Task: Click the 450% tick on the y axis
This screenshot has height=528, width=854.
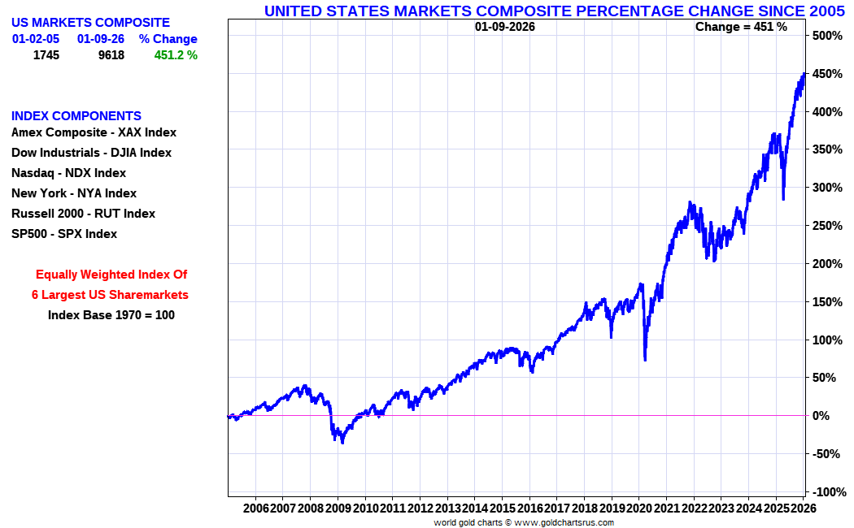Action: click(826, 74)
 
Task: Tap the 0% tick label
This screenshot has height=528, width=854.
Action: click(821, 416)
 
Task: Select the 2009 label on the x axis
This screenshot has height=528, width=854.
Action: click(338, 509)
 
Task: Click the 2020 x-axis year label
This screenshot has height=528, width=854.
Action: click(638, 509)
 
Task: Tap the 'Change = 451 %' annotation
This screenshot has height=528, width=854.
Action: click(741, 27)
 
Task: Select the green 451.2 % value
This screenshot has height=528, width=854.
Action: click(176, 55)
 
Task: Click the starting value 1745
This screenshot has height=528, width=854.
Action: click(46, 55)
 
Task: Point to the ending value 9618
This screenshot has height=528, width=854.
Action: click(111, 55)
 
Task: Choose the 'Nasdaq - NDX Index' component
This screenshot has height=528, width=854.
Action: click(68, 173)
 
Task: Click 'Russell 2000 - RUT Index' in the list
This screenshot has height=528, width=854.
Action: click(83, 214)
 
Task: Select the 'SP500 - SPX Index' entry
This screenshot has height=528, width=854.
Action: click(64, 234)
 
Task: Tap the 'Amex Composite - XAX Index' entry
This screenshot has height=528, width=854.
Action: click(94, 132)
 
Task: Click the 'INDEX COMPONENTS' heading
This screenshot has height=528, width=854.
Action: click(76, 116)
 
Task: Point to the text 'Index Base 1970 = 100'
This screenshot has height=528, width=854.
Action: click(111, 315)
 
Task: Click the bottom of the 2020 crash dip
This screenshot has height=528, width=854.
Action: click(644, 360)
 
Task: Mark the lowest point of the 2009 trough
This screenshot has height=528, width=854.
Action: click(342, 443)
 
